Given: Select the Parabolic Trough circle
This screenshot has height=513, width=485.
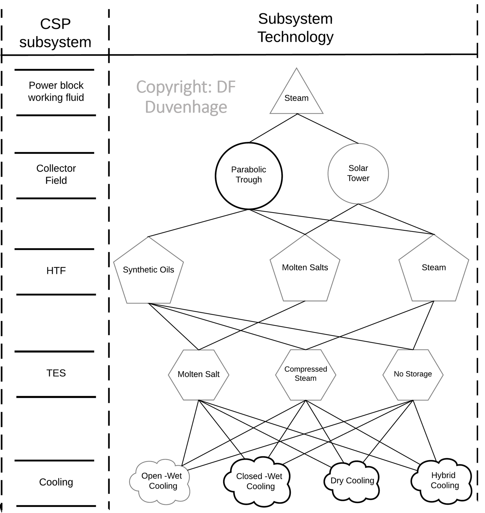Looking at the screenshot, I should coord(249,176).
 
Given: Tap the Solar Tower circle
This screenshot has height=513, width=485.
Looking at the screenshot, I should coord(358,173).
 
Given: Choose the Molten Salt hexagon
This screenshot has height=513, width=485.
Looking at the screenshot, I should coord(198,374).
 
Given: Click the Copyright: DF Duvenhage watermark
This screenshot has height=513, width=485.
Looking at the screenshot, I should coord(186,97).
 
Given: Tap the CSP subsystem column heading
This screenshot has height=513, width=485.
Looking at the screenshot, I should coord(55,33).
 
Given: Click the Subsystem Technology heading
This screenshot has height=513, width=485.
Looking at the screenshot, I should coord(295,28).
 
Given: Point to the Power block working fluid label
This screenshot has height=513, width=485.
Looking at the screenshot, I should coord(56,92).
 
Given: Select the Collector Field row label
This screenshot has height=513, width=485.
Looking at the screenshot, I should coord(56,174).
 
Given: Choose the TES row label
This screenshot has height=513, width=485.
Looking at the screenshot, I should coord(56,373).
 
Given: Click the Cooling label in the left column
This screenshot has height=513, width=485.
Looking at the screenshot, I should coord(56,482).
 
